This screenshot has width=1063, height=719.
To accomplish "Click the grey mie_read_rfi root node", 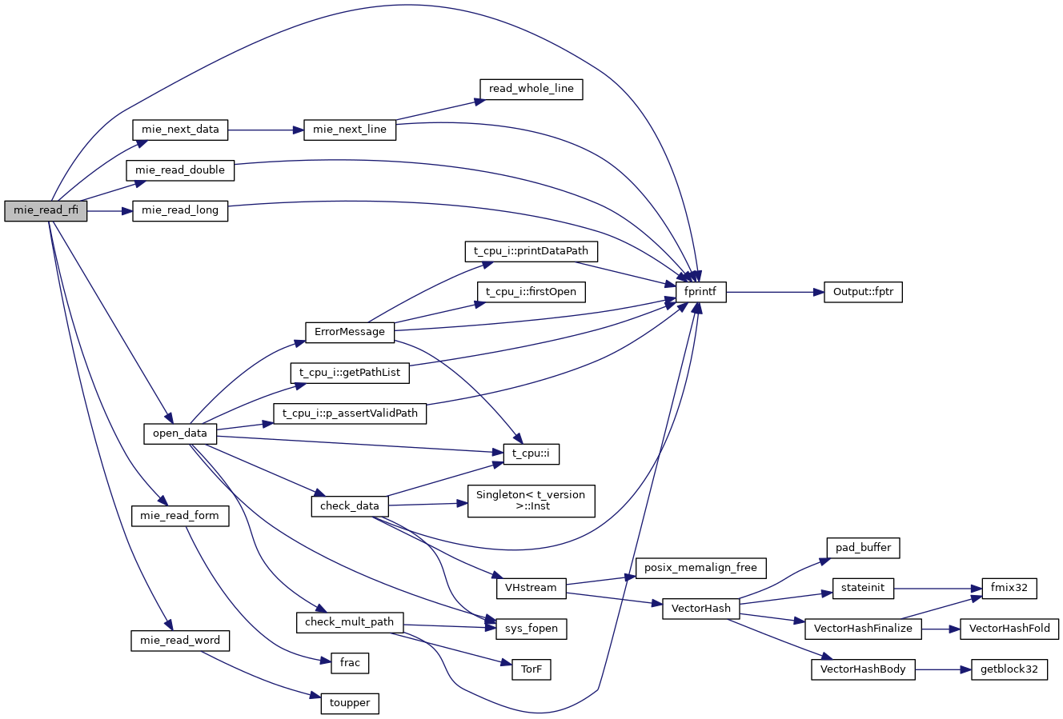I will (46, 210).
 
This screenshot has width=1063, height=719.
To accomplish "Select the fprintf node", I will (701, 292).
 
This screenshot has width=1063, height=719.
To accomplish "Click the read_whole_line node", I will (531, 89).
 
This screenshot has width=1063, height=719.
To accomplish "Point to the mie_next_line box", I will (350, 130).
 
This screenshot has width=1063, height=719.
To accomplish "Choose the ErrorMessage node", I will (350, 332).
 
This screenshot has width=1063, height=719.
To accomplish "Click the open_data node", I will (180, 433).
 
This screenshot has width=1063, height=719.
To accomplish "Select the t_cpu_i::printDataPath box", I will (531, 251).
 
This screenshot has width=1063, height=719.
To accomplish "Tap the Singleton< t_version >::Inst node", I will (531, 501).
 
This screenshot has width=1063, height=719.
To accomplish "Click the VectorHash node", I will (701, 609).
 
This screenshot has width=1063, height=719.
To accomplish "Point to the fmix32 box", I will (1009, 588).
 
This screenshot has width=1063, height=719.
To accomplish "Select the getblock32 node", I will (1009, 669).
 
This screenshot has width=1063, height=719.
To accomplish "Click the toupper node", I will (350, 703).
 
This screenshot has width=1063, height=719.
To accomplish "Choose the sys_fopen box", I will (531, 629).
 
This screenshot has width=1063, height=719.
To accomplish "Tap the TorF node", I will (531, 669).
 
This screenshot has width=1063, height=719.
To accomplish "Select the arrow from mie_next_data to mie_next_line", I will (266, 130).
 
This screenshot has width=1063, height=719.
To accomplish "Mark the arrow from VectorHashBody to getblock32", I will (943, 669).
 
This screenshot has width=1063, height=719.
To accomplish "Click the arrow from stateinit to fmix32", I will (933, 588).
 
